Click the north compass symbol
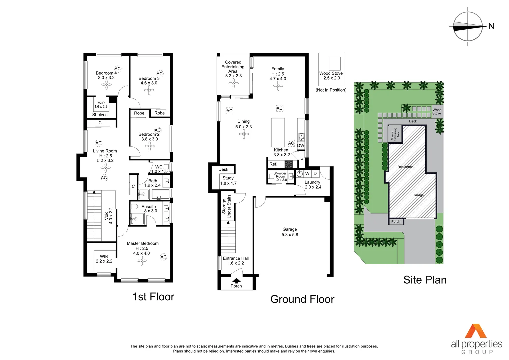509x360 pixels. tap(468, 26)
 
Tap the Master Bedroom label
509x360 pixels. tap(142, 244)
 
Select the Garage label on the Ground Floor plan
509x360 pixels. tap(290, 229)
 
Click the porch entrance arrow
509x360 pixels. tap(236, 280)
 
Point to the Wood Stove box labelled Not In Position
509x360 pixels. tap(332, 69)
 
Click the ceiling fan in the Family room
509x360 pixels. tap(278, 86)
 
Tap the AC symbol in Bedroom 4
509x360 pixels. tap(118, 69)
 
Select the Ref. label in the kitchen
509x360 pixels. tap(273, 164)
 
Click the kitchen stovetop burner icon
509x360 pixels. tap(288, 164)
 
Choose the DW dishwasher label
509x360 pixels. tap(301, 146)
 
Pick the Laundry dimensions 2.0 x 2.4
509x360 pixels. tap(313, 187)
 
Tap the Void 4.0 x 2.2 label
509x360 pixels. tap(109, 216)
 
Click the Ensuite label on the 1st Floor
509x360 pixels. tap(149, 207)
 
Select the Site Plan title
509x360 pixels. tap(425, 280)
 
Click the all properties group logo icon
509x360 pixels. tap(476, 331)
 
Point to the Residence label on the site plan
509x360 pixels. tap(405, 167)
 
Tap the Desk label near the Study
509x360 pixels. tap(223, 169)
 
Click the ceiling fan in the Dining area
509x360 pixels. tap(244, 134)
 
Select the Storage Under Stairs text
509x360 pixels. tap(227, 206)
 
